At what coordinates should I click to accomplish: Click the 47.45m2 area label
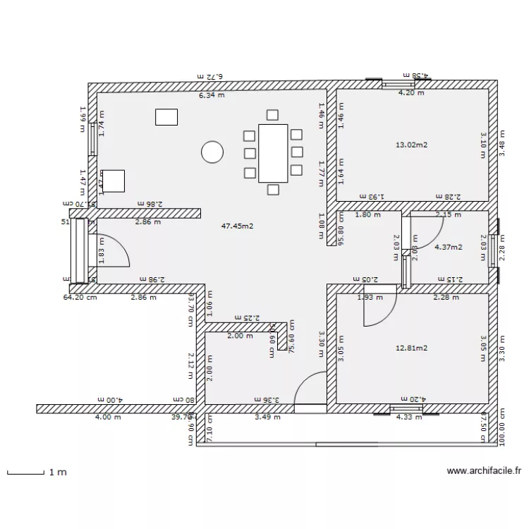(238, 226)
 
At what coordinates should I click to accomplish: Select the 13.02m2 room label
(413, 145)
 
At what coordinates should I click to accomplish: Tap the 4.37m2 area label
(449, 247)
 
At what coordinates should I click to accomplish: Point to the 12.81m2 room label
(412, 348)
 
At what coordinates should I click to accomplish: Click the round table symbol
(212, 152)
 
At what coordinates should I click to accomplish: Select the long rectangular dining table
(273, 152)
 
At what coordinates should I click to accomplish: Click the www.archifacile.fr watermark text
(484, 471)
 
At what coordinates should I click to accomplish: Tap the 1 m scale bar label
(58, 473)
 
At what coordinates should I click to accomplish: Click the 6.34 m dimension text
(211, 95)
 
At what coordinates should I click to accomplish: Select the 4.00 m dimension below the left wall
(107, 417)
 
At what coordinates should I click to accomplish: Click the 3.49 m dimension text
(267, 417)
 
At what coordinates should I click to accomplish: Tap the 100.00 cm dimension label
(502, 425)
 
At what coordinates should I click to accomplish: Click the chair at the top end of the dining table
(273, 115)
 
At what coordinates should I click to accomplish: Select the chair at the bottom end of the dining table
(273, 188)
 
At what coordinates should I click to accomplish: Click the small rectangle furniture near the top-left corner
(167, 116)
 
